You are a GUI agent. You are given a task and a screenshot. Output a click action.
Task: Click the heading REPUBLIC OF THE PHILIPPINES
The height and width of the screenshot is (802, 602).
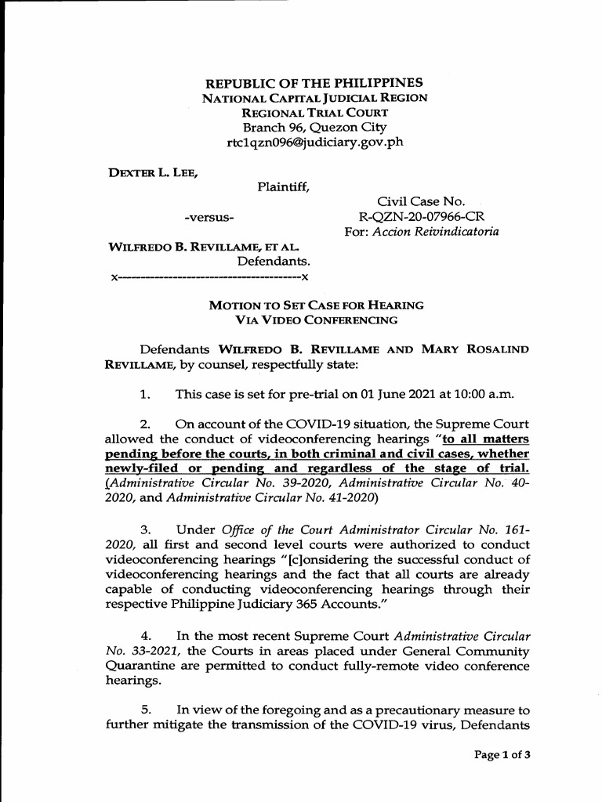point(314,82)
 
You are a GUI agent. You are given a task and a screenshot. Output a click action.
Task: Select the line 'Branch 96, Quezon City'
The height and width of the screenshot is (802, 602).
point(314,128)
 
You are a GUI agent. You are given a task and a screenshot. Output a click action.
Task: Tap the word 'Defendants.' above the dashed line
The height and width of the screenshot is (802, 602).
point(274,261)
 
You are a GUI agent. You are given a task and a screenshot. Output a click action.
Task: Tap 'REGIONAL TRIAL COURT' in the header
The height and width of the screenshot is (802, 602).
point(314,113)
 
